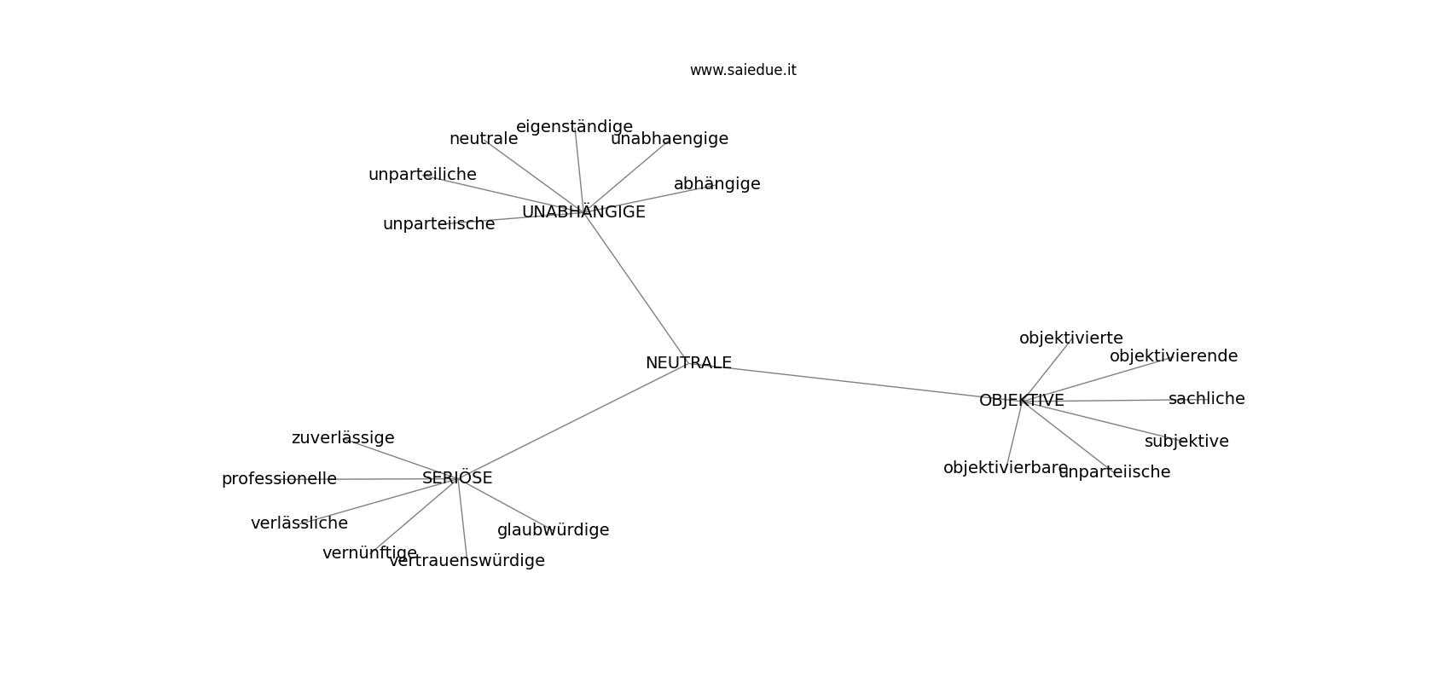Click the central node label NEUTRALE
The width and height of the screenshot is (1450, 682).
click(x=689, y=363)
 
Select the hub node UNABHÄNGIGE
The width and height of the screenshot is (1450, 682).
click(x=583, y=211)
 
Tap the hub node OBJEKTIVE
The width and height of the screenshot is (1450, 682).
click(x=1022, y=401)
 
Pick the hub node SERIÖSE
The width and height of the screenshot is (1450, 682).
click(x=457, y=477)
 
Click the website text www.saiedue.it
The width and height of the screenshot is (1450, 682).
click(x=743, y=70)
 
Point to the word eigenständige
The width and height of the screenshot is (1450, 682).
click(x=574, y=127)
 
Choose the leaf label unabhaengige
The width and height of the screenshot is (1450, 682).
click(x=670, y=139)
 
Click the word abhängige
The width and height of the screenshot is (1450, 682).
click(x=717, y=184)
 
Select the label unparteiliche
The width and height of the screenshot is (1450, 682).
click(x=422, y=175)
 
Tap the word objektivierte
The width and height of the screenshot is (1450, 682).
click(x=1071, y=338)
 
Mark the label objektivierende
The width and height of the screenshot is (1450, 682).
click(x=1174, y=355)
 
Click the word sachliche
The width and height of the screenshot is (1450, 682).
click(x=1207, y=399)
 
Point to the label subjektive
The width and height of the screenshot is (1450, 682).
click(x=1186, y=442)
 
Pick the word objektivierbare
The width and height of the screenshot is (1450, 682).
click(x=1006, y=468)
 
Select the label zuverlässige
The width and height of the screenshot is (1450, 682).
click(x=343, y=438)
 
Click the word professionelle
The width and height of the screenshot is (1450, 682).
click(x=279, y=479)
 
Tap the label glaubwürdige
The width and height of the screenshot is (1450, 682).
click(x=553, y=530)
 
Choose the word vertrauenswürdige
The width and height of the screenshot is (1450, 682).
click(x=467, y=561)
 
